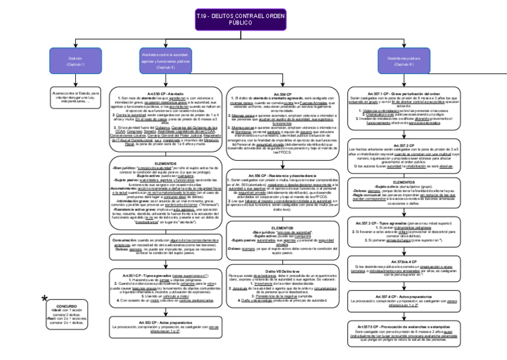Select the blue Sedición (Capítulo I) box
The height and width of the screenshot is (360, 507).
[x=75, y=60]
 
